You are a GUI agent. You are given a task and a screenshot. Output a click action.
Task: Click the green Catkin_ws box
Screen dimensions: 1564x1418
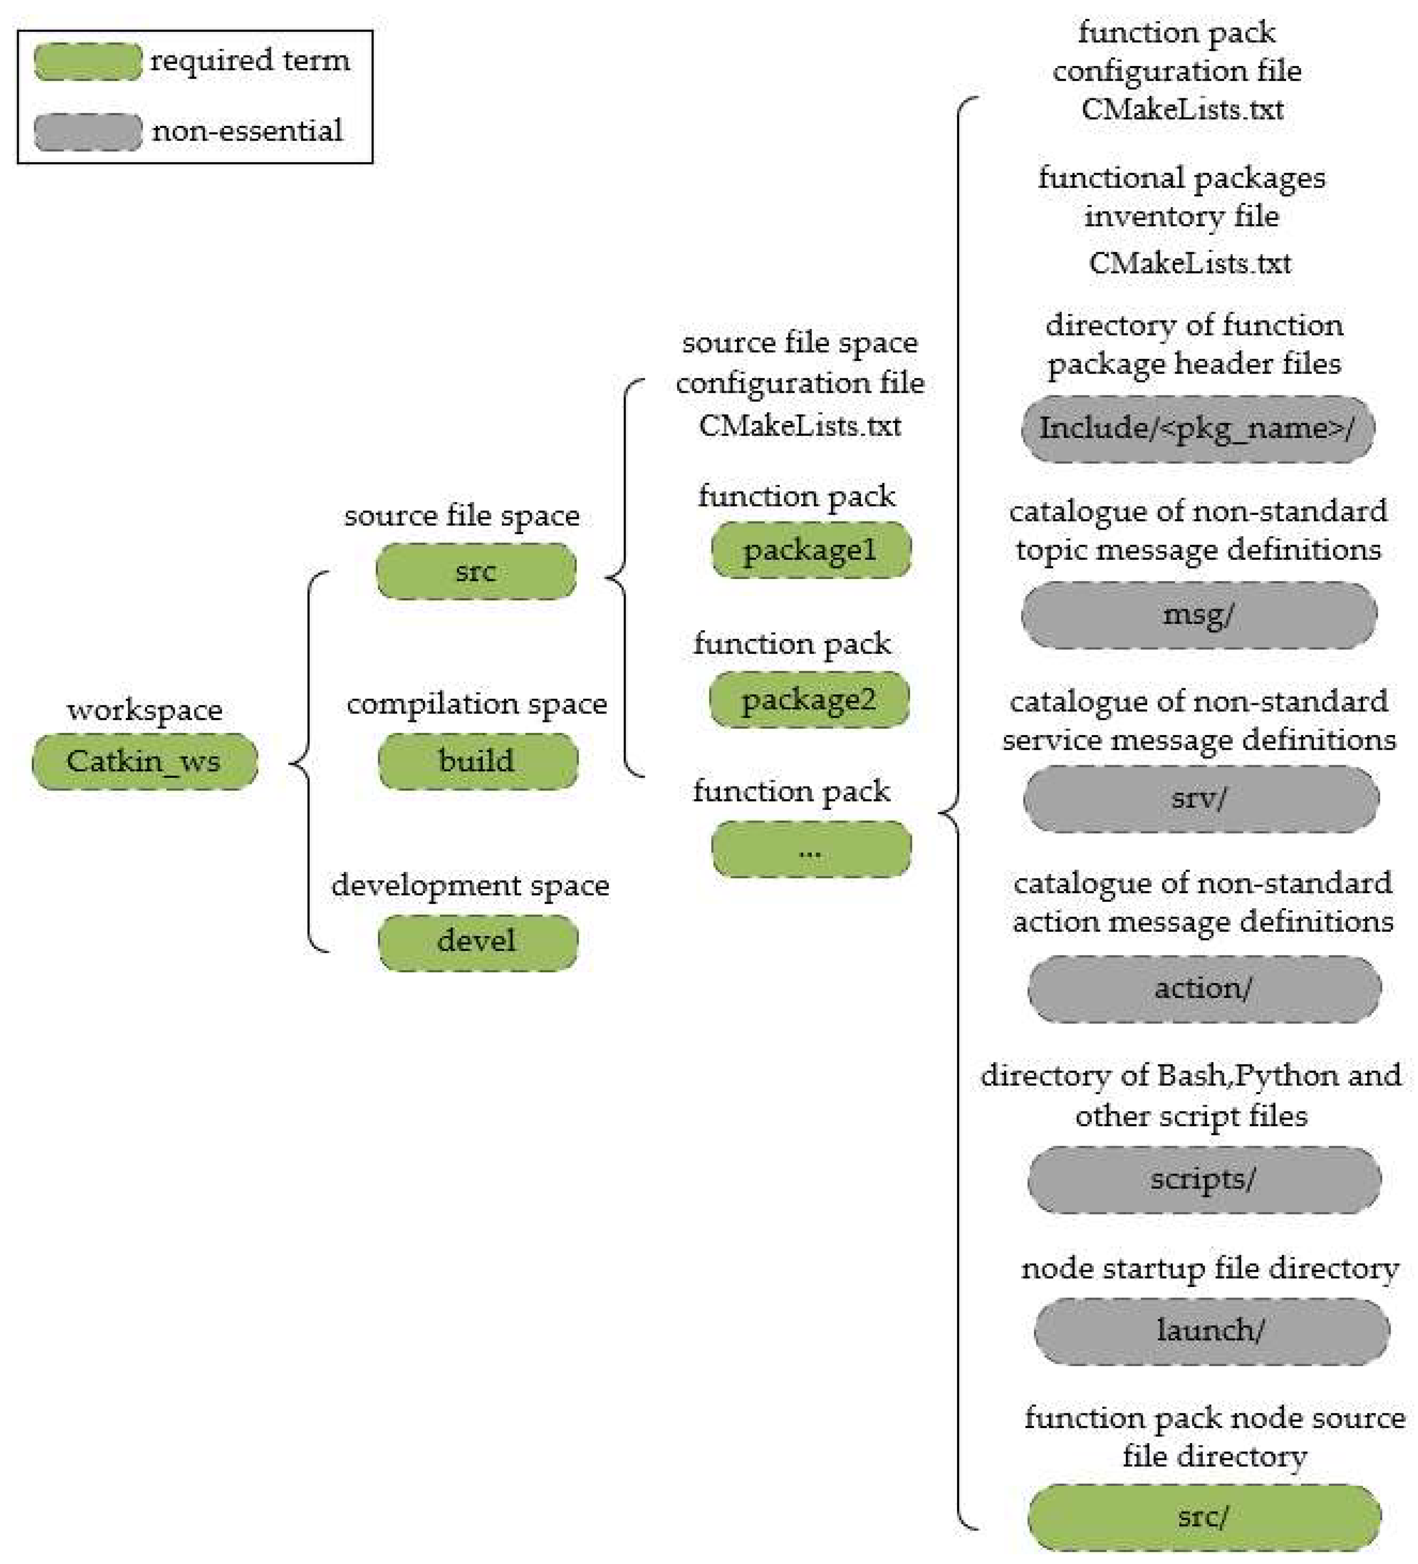(144, 761)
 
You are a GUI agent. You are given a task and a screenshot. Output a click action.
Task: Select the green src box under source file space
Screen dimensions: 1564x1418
(476, 571)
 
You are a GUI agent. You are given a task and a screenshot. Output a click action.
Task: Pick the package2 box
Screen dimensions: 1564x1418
(809, 700)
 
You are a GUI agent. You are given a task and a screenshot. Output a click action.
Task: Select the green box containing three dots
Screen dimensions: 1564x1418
(811, 849)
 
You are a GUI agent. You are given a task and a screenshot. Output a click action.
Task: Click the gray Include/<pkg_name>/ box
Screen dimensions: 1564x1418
(1197, 429)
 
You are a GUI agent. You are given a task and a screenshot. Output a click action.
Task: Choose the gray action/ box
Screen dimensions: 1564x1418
(1204, 988)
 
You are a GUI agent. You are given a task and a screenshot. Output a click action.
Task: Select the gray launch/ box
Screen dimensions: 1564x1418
(1211, 1331)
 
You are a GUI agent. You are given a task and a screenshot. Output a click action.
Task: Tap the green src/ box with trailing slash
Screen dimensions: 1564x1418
(1204, 1517)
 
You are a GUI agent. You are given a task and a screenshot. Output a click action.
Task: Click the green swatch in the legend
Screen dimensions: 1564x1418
(88, 62)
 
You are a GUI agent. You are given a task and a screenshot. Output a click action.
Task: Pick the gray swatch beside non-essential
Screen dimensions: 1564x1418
(88, 132)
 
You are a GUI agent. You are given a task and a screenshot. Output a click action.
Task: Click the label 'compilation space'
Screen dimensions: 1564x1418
(476, 704)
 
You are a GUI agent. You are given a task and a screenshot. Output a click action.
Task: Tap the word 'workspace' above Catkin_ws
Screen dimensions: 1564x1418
(144, 710)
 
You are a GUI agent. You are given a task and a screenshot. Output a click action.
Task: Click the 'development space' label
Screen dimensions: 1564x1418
(470, 885)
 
